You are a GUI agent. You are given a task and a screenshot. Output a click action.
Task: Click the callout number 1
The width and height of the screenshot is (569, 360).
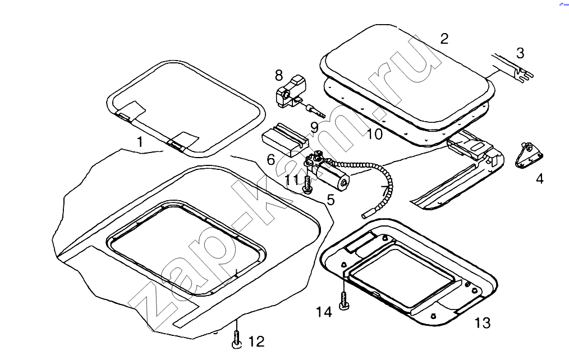coord(140,142)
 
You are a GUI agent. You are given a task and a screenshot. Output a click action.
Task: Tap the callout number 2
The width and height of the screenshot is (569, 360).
coord(444,39)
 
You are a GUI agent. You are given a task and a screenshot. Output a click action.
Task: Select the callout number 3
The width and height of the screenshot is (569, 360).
coord(520,53)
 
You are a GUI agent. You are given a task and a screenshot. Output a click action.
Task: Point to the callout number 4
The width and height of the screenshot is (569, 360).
coord(540,178)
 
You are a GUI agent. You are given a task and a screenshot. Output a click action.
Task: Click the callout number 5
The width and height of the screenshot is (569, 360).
coord(330,200)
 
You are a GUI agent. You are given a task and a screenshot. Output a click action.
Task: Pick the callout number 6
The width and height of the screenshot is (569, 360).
coord(270,159)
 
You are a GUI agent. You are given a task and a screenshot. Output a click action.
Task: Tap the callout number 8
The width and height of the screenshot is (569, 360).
coord(278,75)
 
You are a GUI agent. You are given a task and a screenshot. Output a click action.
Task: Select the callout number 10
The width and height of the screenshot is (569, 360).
coord(374,134)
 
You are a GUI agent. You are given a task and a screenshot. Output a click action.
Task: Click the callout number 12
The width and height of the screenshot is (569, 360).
coord(256,341)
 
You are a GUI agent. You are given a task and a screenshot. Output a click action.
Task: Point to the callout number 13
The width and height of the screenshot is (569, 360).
coord(483,322)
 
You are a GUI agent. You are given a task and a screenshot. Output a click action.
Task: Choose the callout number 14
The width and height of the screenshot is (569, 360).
coord(324,312)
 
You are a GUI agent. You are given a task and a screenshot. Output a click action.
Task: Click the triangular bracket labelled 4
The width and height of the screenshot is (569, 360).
coord(529,155)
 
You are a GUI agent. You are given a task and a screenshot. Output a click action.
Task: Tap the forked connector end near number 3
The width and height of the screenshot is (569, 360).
coord(524,75)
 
